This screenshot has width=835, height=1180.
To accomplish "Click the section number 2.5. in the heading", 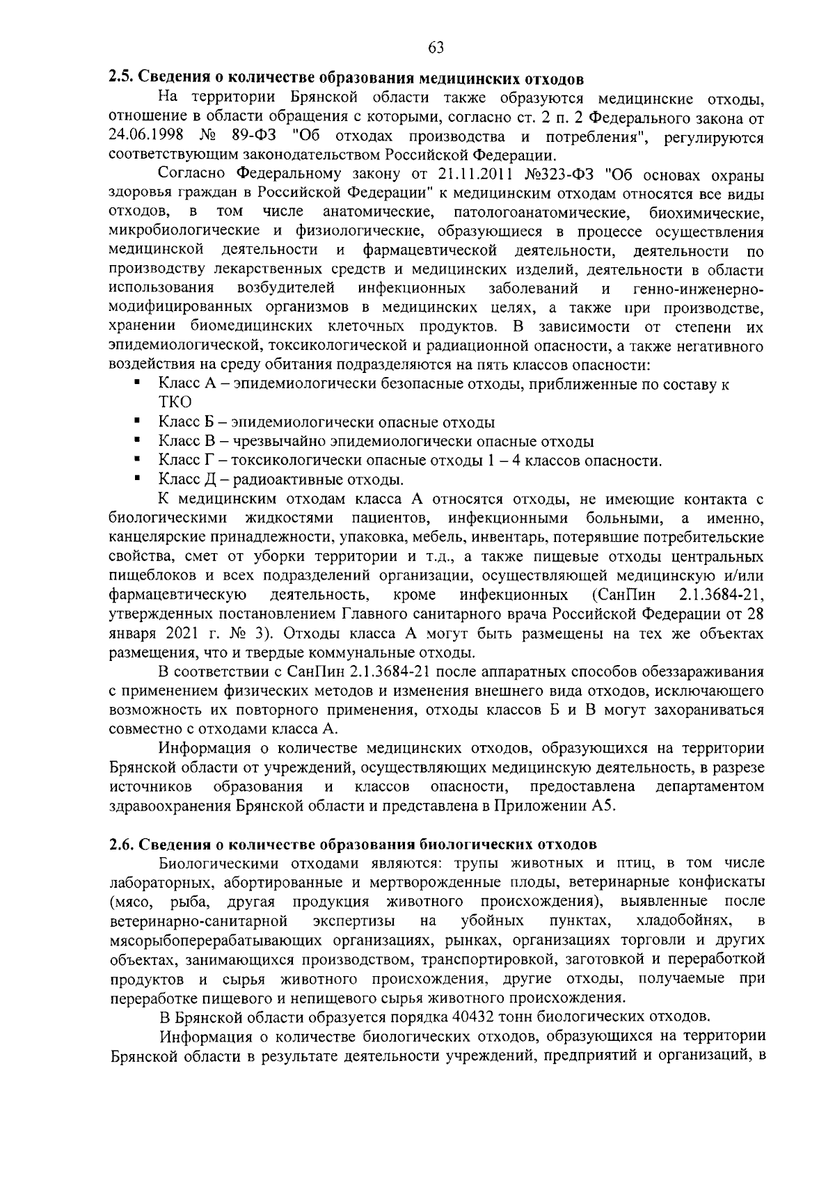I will coord(123,77).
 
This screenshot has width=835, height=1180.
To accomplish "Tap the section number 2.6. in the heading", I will coord(123,845).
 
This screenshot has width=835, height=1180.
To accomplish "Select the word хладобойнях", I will coord(683,921).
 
